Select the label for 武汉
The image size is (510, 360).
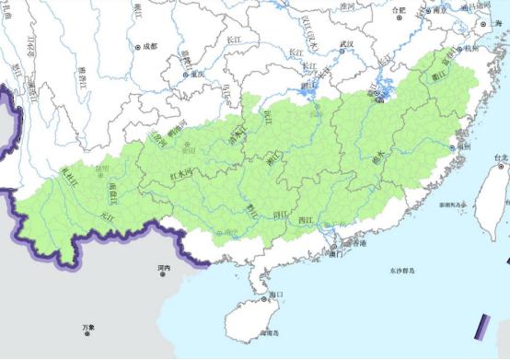346,43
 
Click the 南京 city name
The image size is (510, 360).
439,10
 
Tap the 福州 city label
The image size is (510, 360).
465,145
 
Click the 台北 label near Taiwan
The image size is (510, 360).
501,158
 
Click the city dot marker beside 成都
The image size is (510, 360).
138,46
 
